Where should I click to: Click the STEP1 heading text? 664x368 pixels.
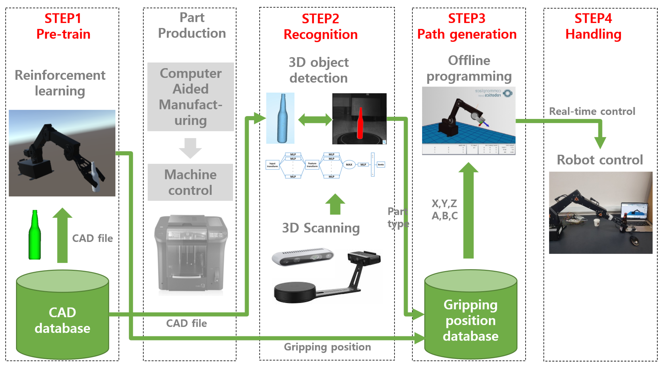click(x=63, y=19)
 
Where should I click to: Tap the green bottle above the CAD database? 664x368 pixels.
click(x=35, y=235)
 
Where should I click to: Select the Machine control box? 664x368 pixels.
click(x=190, y=182)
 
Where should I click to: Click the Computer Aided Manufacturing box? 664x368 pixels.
click(x=191, y=97)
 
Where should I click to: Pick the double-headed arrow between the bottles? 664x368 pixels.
click(x=315, y=120)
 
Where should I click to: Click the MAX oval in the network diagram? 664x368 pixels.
click(x=349, y=164)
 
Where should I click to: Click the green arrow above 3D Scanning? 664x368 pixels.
click(x=335, y=204)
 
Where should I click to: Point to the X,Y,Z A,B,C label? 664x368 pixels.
click(x=444, y=209)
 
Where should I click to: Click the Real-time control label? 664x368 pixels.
click(x=592, y=111)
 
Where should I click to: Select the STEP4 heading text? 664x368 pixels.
click(x=593, y=19)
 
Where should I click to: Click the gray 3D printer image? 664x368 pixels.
click(x=191, y=254)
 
